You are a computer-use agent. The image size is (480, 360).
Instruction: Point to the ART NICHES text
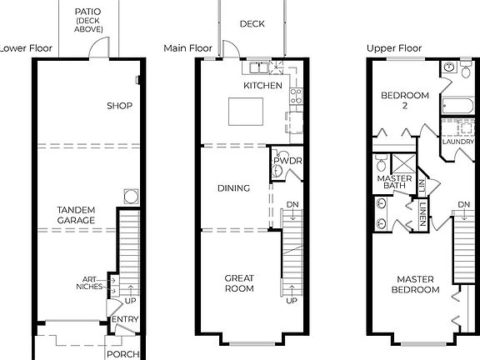tap(92, 283)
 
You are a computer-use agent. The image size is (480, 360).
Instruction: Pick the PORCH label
tap(122, 353)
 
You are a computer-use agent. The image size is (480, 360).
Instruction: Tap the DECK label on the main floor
tap(252, 24)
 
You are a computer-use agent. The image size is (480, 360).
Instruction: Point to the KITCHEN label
tap(262, 86)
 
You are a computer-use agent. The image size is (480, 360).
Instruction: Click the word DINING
tap(233, 188)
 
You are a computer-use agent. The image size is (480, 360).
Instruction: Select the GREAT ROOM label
tap(238, 283)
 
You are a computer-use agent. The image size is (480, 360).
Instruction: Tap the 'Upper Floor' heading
tap(393, 48)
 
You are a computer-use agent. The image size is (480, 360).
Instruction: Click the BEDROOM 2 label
tap(405, 101)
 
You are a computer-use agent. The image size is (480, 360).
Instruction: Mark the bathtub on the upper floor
tap(456, 106)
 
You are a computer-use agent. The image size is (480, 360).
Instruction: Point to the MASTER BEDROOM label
tap(417, 284)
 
